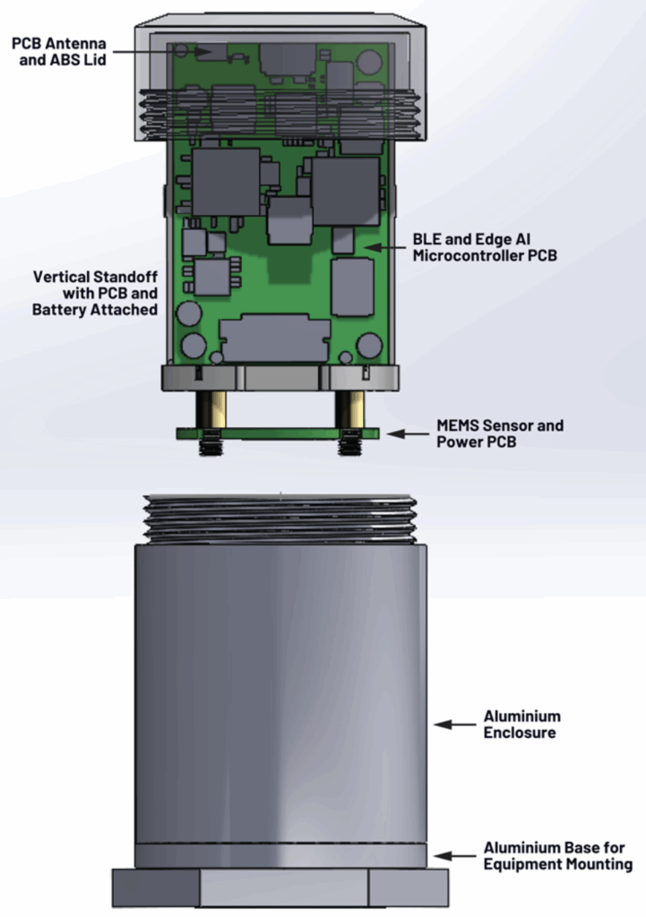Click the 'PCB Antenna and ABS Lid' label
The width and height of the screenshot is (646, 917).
[59, 51]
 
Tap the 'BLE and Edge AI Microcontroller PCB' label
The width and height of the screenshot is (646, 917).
[485, 247]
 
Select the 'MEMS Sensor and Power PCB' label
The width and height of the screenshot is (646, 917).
[500, 433]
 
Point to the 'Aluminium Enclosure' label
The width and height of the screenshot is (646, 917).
[521, 724]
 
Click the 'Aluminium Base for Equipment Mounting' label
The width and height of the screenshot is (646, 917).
[557, 855]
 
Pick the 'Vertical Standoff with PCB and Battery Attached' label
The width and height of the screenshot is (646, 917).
[95, 293]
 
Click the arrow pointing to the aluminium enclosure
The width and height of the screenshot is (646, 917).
[454, 724]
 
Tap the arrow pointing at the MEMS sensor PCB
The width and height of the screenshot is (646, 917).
[408, 434]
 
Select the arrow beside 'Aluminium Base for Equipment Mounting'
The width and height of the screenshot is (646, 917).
[454, 856]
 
